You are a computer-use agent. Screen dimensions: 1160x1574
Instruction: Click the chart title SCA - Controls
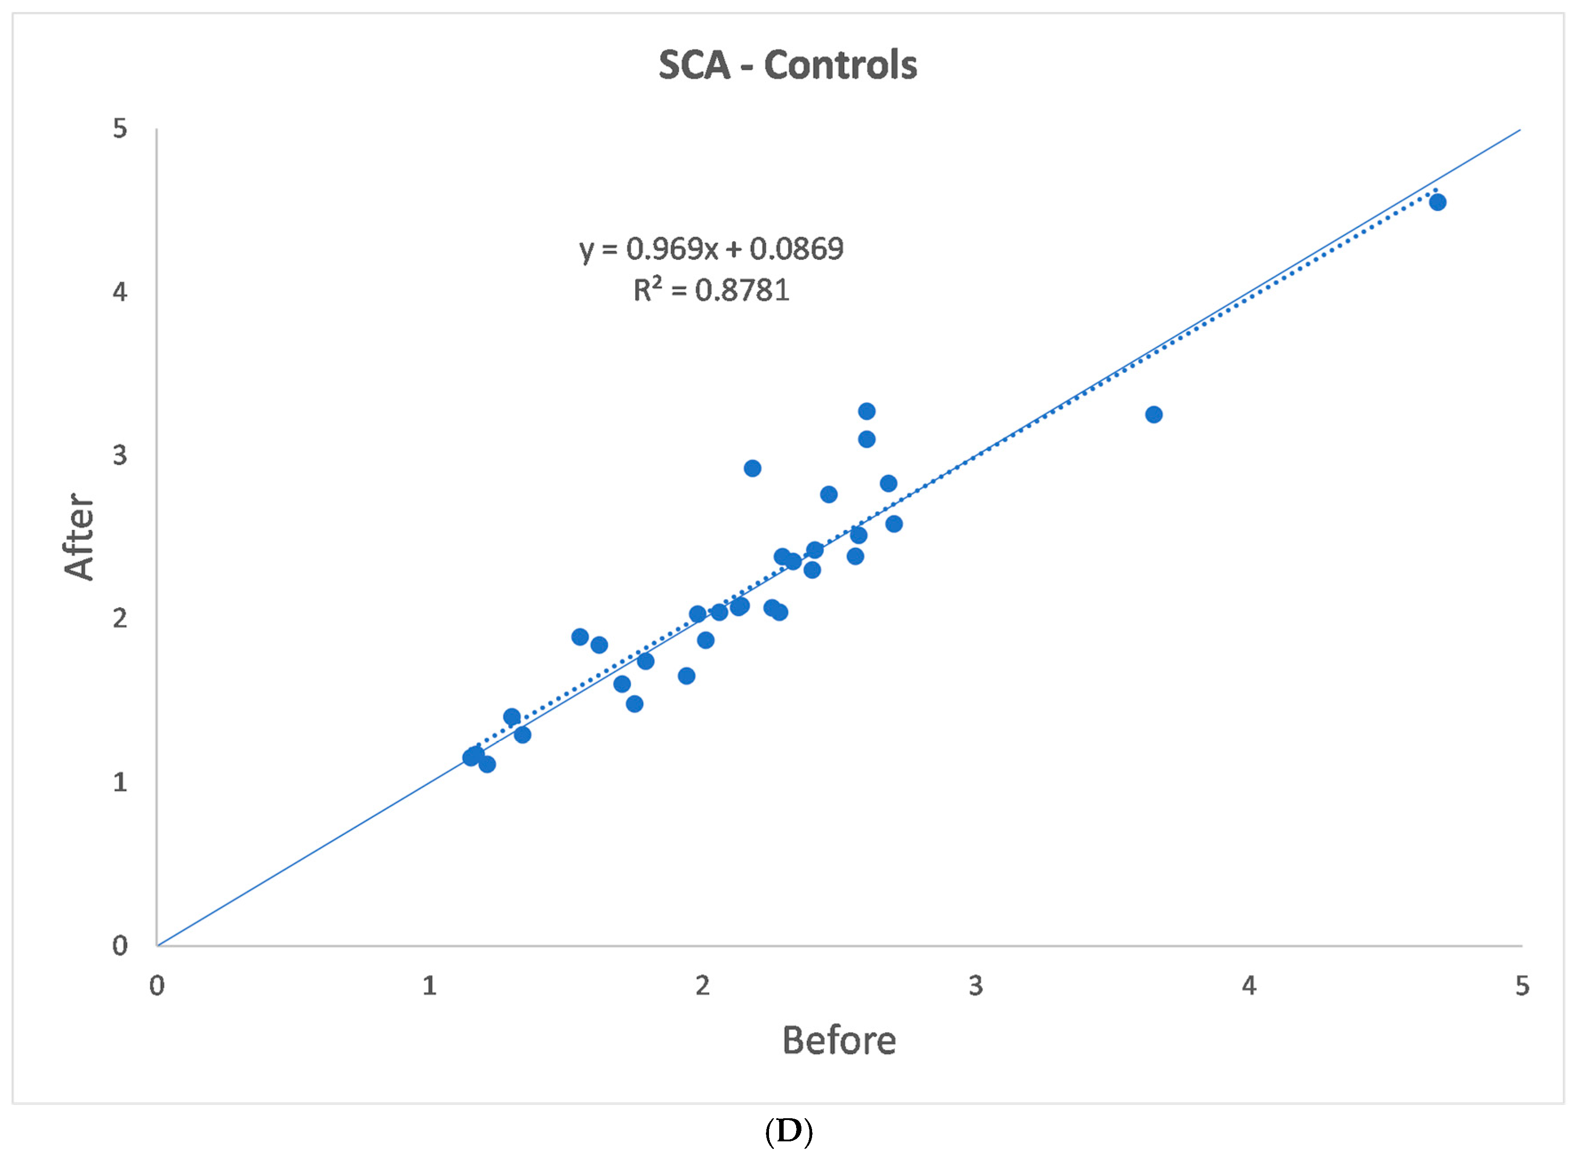(787, 65)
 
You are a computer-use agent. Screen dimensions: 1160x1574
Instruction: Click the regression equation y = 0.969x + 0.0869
(711, 249)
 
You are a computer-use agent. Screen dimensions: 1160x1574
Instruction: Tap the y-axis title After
(79, 537)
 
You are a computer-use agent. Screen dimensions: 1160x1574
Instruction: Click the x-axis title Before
(838, 1040)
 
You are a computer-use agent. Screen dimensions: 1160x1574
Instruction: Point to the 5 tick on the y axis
(120, 128)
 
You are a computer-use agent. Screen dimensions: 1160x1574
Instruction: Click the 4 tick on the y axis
(120, 291)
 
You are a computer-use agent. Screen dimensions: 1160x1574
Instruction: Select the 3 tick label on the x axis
(975, 986)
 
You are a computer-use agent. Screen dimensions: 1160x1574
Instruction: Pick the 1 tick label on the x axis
(430, 986)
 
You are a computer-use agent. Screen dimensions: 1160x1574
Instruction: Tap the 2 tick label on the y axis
(120, 618)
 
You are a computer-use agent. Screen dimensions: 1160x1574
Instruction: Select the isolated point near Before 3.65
(1153, 414)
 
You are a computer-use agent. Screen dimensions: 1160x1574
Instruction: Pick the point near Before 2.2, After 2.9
(752, 468)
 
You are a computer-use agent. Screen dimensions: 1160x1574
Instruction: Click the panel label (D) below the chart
(789, 1131)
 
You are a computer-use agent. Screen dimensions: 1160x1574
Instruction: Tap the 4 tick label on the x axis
(1248, 986)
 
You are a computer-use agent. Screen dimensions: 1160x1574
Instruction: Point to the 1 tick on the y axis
(120, 781)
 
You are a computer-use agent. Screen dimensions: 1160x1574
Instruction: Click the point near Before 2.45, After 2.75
(829, 494)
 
